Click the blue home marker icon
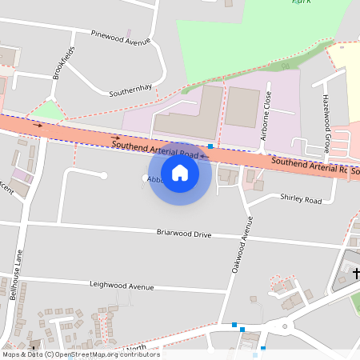click(180, 172)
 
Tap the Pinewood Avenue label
click(121, 38)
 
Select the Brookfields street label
click(63, 62)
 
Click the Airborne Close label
click(266, 116)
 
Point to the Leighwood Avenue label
click(122, 286)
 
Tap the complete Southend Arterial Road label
click(154, 147)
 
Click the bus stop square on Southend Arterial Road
click(210, 146)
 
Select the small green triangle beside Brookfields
click(50, 110)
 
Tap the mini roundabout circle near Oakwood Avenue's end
click(283, 326)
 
